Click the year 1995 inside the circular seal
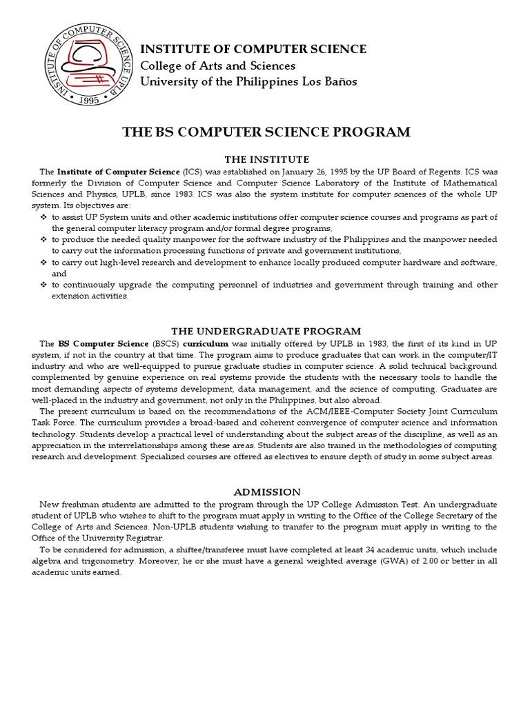88,99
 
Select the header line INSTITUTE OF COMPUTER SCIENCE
253,49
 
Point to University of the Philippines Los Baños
248,81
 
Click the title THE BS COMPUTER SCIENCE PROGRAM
266,132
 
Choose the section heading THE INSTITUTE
266,159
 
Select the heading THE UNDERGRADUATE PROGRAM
266,331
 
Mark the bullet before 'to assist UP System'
43,217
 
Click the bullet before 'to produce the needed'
43,239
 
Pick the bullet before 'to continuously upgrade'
43,285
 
